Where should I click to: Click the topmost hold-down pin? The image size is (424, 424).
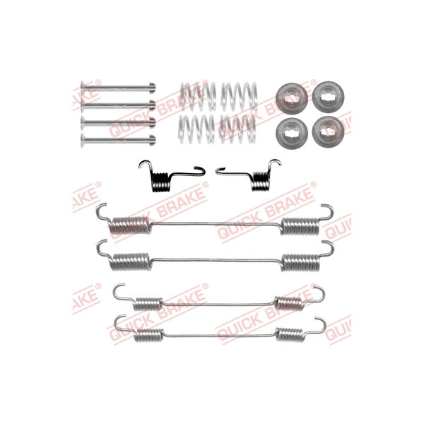[118, 88]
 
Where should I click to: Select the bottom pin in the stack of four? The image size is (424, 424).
[118, 140]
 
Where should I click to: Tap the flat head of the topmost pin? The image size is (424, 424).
[82, 87]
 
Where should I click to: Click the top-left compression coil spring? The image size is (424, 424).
[198, 97]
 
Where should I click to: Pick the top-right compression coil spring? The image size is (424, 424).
[239, 97]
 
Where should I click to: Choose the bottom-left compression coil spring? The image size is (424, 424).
[196, 129]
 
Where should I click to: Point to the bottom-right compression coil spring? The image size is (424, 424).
[238, 129]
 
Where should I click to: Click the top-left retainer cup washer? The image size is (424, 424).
[291, 98]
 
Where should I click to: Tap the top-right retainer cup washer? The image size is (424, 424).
[329, 97]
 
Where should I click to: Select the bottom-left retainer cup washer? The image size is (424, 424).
[292, 134]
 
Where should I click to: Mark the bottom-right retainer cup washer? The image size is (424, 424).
[329, 132]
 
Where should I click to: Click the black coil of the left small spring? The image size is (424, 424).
[160, 182]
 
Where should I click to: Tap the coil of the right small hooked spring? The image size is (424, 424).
[261, 181]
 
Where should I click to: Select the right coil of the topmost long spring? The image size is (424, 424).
[300, 226]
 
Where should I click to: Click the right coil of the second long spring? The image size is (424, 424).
[301, 262]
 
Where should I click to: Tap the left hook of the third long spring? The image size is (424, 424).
[120, 293]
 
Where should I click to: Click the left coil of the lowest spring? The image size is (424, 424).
[149, 335]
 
